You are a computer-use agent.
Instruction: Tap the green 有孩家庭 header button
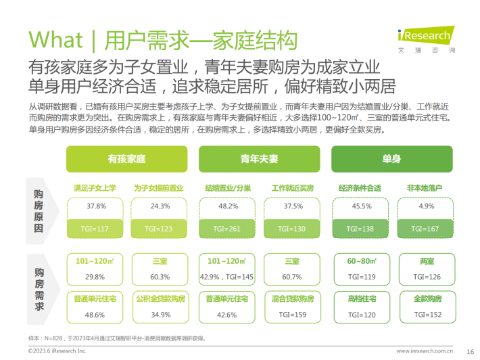[x=126, y=159]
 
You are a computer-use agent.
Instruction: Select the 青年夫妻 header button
[x=260, y=159]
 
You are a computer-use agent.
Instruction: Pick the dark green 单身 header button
[x=392, y=159]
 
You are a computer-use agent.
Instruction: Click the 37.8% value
[x=96, y=206]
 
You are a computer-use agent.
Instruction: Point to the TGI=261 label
[x=227, y=229]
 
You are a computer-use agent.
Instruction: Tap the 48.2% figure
[x=229, y=206]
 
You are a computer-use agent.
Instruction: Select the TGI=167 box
[x=425, y=229]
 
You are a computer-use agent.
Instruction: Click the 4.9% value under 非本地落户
[x=427, y=206]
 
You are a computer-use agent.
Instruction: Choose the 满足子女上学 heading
[x=95, y=188]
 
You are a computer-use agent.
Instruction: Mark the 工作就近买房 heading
[x=293, y=188]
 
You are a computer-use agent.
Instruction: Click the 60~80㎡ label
[x=362, y=261]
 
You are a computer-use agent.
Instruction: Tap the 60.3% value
[x=160, y=277]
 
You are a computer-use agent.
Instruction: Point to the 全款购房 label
[x=428, y=298]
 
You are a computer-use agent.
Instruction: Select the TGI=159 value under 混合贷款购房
[x=293, y=315]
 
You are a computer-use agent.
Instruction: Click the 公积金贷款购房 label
[x=161, y=298]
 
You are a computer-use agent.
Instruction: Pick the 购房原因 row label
[x=39, y=211]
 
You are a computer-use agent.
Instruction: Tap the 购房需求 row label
[x=39, y=289]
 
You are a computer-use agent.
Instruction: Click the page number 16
[x=471, y=352]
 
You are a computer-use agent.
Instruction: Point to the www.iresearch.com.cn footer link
[x=425, y=351]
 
